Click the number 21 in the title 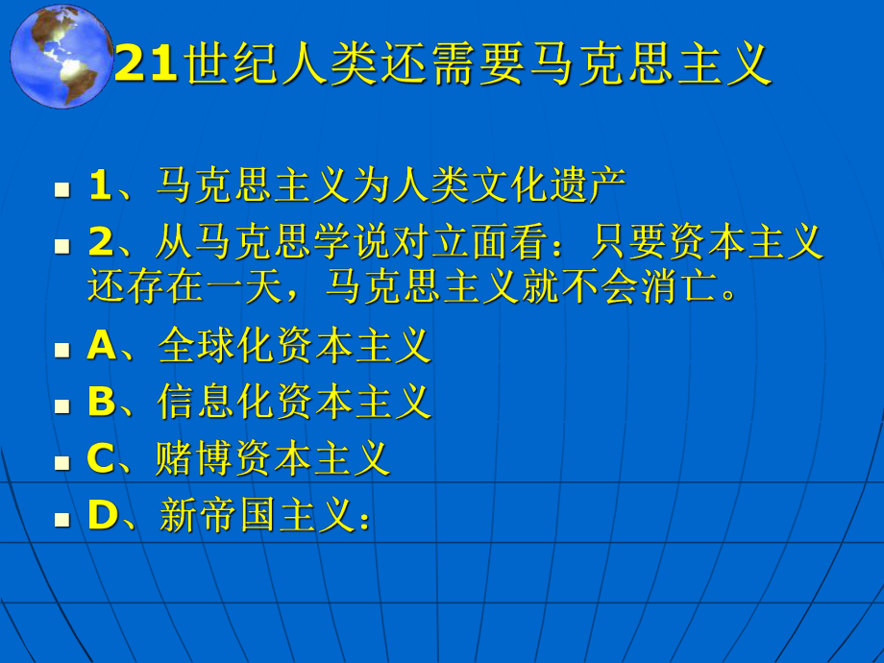(146, 66)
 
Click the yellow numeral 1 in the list (100, 186)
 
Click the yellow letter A (101, 347)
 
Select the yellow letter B (101, 403)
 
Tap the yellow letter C (101, 459)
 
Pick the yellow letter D (101, 516)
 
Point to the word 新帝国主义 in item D (257, 516)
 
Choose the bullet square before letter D (62, 519)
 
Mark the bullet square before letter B (62, 405)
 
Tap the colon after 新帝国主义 (363, 519)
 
